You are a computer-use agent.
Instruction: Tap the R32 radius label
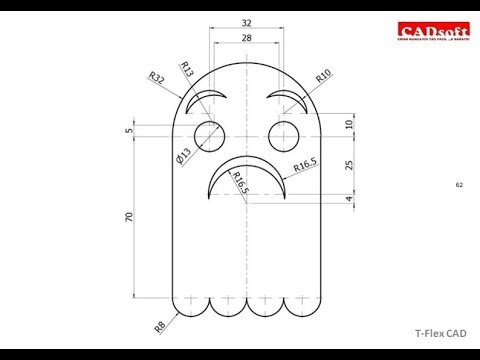[x=157, y=77]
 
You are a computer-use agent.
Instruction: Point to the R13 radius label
[x=187, y=69]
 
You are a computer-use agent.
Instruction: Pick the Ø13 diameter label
[x=182, y=155]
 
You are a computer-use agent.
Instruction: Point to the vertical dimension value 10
[x=347, y=124]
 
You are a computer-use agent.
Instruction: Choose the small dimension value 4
[x=347, y=200]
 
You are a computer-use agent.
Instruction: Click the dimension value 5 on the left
[x=130, y=130]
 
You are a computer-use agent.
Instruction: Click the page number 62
[x=459, y=185]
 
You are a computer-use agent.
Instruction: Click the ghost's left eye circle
[x=211, y=133]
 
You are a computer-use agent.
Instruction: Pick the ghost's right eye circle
[x=284, y=133]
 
